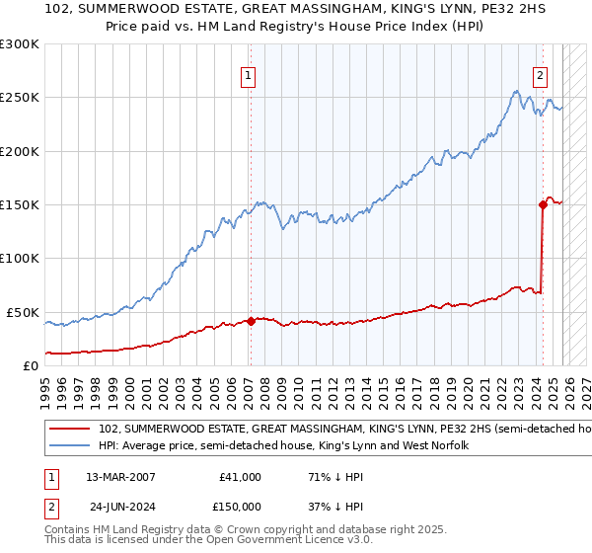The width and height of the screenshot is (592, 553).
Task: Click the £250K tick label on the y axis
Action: click(x=20, y=98)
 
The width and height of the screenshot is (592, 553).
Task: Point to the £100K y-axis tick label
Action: click(x=20, y=258)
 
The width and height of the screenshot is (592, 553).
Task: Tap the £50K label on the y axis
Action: click(x=24, y=312)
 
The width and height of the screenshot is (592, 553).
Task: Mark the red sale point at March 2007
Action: click(x=251, y=321)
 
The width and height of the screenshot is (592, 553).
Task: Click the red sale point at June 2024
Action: click(x=543, y=205)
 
